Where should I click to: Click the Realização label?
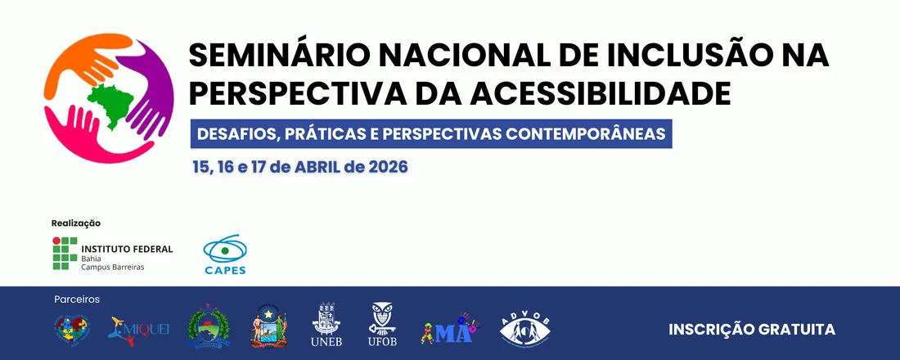tap(75, 223)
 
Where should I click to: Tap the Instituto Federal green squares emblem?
tap(65, 254)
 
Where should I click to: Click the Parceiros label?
tap(77, 299)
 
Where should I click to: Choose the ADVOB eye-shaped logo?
tap(524, 329)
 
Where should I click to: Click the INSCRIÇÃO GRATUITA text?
tap(751, 329)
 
